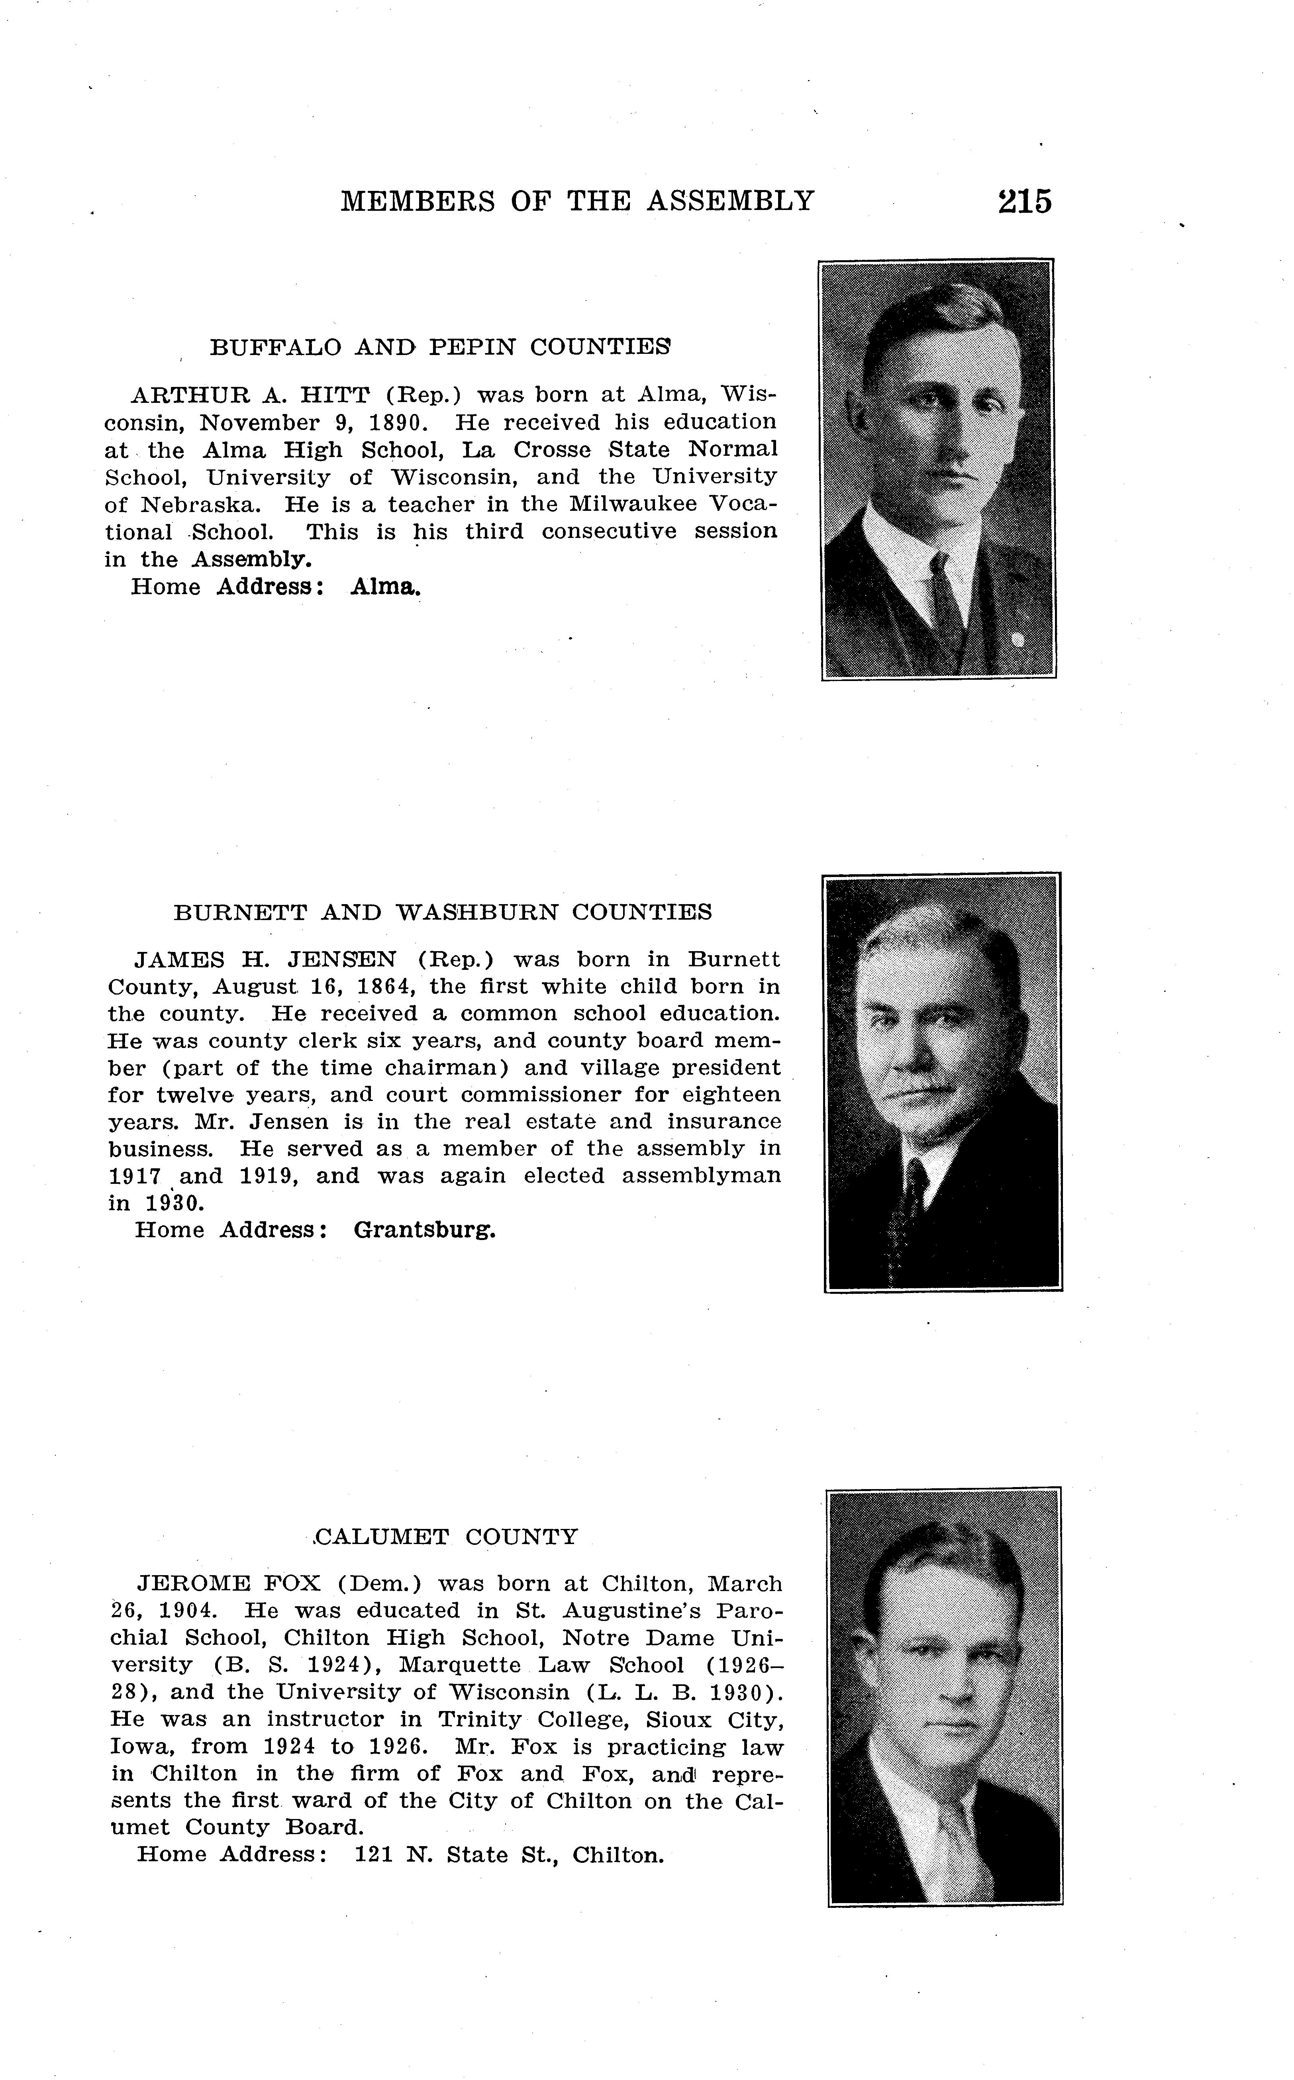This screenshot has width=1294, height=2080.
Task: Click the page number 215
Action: pyautogui.click(x=1024, y=202)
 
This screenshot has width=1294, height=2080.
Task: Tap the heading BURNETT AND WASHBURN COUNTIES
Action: pyautogui.click(x=443, y=912)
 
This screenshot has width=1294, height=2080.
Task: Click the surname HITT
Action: pyautogui.click(x=335, y=395)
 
